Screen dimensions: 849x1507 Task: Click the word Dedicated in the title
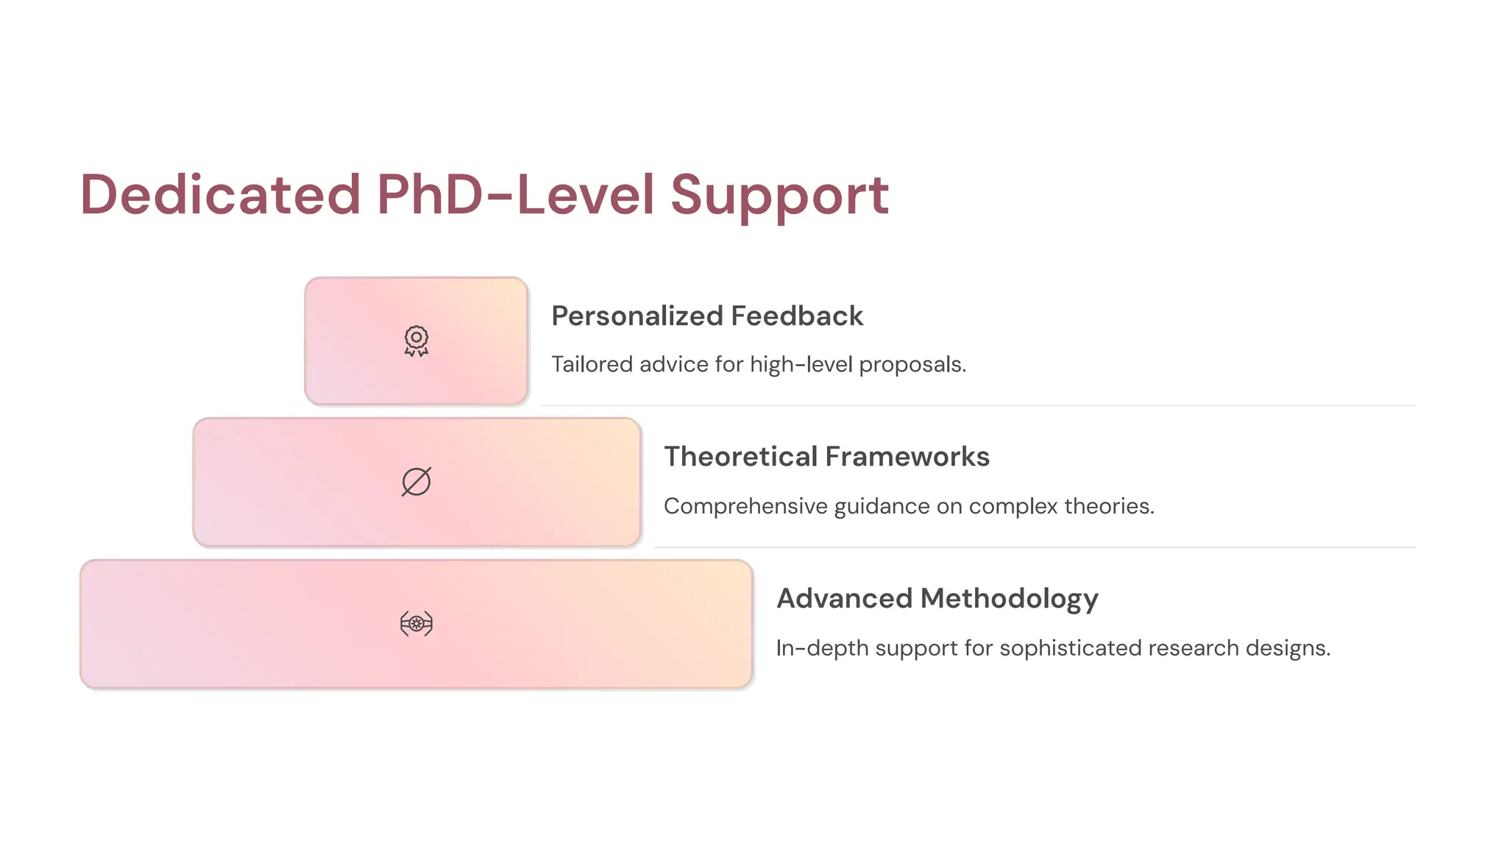220,195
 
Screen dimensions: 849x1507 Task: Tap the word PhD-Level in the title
515,195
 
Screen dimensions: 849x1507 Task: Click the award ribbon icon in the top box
416,341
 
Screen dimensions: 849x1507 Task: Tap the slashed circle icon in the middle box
416,482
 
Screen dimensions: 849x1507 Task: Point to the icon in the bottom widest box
416,624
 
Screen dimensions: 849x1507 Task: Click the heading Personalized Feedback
706,316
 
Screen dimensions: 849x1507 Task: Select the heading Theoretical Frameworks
826,457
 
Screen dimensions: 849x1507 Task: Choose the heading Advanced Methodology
937,599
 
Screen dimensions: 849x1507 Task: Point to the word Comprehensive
745,506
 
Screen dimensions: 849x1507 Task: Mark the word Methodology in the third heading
1010,599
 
